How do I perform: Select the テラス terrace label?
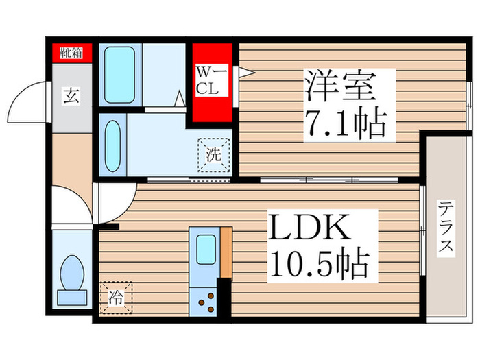(446, 227)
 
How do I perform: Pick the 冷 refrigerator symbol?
(115, 299)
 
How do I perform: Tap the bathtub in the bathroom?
(120, 75)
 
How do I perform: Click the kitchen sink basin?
(205, 250)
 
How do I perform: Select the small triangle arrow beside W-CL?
(243, 72)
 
